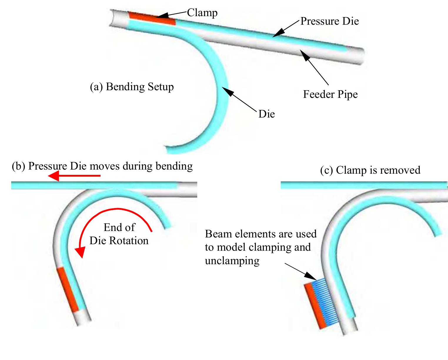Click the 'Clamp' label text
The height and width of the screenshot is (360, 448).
tap(202, 13)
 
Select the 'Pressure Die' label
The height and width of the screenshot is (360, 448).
tap(330, 21)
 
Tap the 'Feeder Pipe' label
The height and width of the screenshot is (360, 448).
tap(330, 94)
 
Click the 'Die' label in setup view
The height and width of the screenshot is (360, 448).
tap(266, 114)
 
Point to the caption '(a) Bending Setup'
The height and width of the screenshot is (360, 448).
tap(132, 87)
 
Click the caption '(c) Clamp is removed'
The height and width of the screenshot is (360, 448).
tap(370, 170)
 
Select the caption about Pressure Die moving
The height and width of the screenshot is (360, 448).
tap(102, 166)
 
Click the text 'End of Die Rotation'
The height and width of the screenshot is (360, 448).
tap(119, 234)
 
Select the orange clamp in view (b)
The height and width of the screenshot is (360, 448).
tap(68, 289)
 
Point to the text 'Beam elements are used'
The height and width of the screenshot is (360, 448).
tap(260, 234)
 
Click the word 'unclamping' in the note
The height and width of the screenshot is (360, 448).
tap(232, 260)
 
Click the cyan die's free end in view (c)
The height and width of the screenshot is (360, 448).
tap(438, 232)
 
